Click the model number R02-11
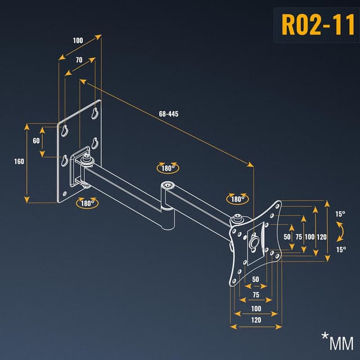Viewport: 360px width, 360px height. (317, 26)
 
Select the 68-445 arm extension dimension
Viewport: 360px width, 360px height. (169, 114)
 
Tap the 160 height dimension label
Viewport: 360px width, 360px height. (19, 161)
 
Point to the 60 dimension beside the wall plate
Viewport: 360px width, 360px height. (37, 141)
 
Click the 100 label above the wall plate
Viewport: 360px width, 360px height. (77, 40)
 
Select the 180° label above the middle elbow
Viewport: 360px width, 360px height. (167, 168)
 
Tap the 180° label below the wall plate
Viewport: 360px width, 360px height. (87, 203)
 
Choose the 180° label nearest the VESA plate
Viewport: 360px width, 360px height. (236, 199)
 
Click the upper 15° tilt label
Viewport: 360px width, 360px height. (340, 214)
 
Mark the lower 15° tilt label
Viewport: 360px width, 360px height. (340, 249)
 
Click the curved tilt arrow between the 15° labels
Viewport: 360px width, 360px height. (340, 231)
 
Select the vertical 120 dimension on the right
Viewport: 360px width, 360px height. (322, 237)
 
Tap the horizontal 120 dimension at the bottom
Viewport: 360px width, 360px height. (256, 319)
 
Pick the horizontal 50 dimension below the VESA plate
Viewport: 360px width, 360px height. (255, 280)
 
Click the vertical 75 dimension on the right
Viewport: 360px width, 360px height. (299, 237)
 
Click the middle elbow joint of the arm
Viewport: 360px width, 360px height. (167, 187)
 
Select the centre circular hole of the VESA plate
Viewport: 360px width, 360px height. (254, 241)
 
